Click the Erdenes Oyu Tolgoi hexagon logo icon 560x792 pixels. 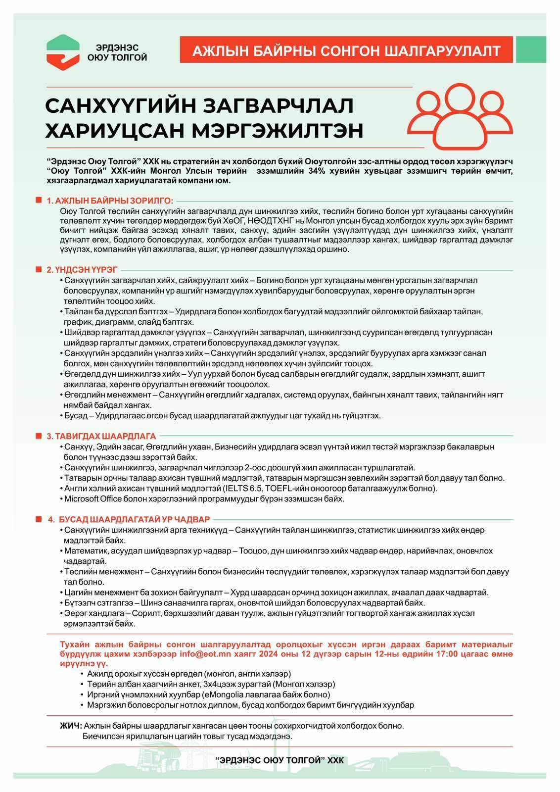pyautogui.click(x=63, y=52)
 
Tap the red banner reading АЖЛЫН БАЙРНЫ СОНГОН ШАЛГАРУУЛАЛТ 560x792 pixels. pyautogui.click(x=346, y=50)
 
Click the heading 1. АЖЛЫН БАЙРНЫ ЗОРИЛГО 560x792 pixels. pyautogui.click(x=109, y=200)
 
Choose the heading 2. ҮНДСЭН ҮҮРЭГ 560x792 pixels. pyautogui.click(x=82, y=270)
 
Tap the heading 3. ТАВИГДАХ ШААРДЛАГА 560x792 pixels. pyautogui.click(x=101, y=436)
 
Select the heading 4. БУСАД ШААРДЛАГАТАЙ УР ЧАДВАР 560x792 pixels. pyautogui.click(x=129, y=519)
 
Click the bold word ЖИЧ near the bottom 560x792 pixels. pyautogui.click(x=71, y=726)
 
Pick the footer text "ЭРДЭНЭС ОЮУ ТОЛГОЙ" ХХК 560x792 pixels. pyautogui.click(x=280, y=760)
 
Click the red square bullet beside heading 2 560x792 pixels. pyautogui.click(x=38, y=269)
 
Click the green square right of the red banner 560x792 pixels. pyautogui.click(x=531, y=49)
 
